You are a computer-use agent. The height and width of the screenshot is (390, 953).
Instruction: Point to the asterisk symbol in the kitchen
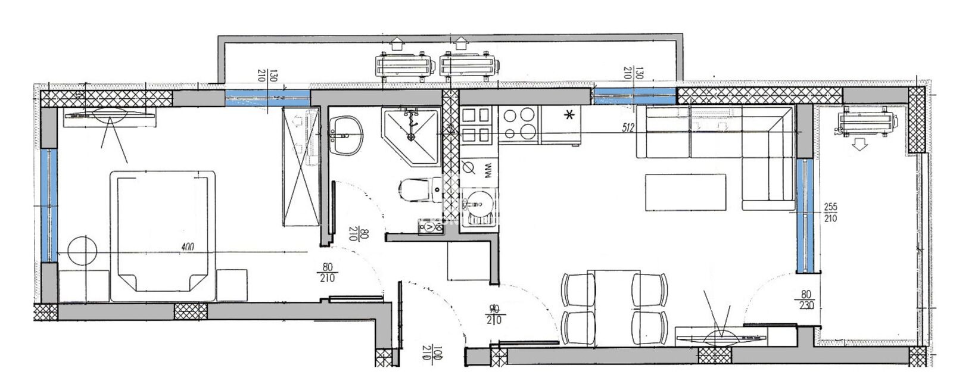click(570, 116)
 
